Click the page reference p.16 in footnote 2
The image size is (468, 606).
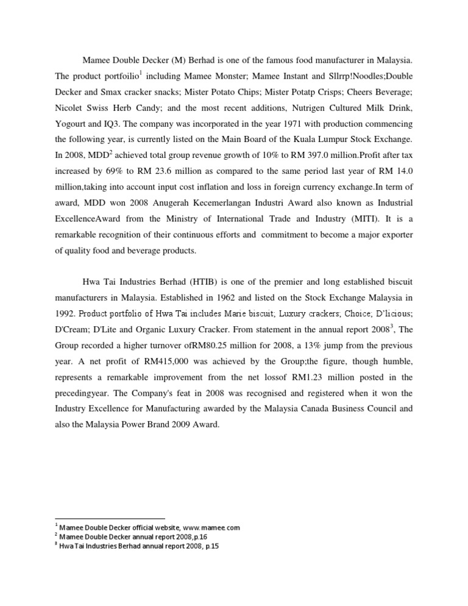[199, 536]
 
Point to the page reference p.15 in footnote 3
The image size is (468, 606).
[209, 546]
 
